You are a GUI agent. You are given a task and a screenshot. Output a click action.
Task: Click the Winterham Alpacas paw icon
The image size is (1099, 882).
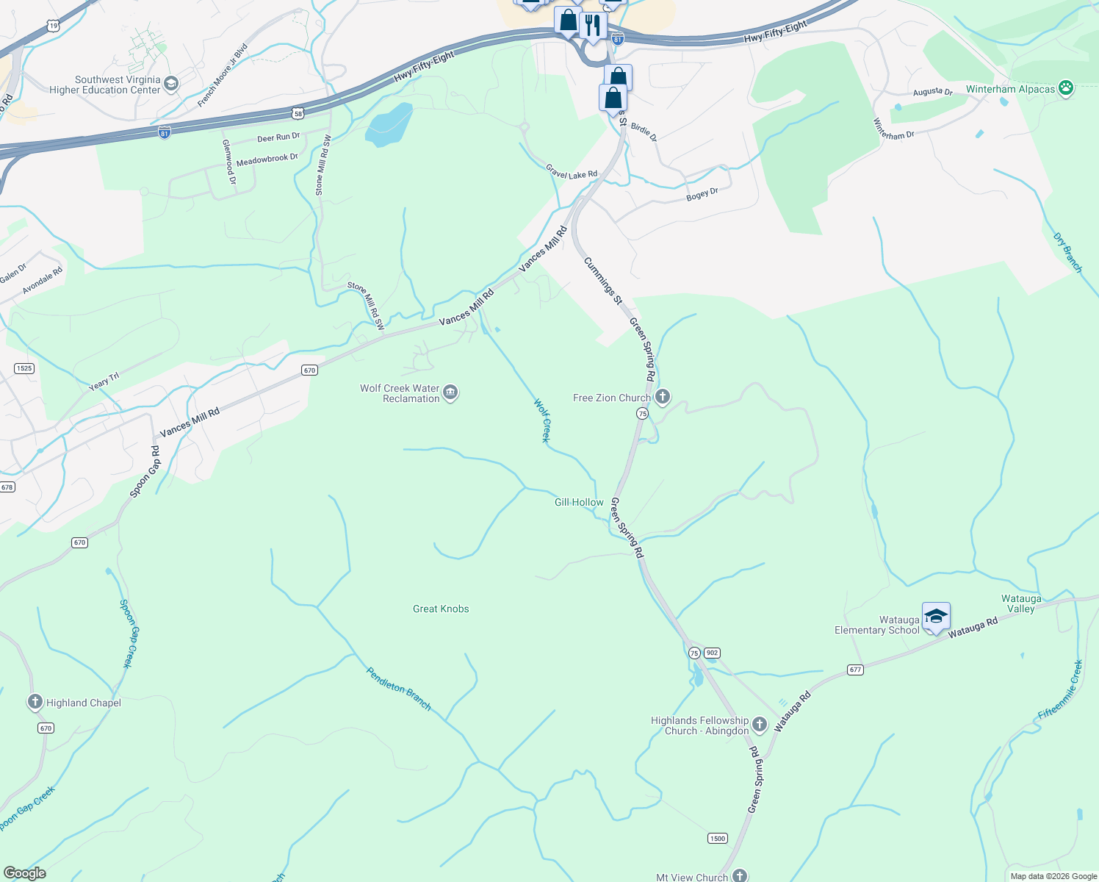pyautogui.click(x=1066, y=89)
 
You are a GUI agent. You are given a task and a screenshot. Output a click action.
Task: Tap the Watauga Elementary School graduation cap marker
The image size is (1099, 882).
pyautogui.click(x=935, y=617)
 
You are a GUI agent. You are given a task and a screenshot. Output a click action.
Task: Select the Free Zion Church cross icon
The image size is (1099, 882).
pyautogui.click(x=663, y=398)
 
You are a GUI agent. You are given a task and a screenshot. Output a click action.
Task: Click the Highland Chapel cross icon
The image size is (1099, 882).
pyautogui.click(x=35, y=703)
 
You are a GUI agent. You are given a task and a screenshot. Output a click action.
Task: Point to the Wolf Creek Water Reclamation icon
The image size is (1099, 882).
pyautogui.click(x=450, y=393)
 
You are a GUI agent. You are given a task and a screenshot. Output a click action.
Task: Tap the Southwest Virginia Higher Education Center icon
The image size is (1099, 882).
pyautogui.click(x=171, y=84)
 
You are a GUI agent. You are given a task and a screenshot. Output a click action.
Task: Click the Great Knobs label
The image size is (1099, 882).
pyautogui.click(x=441, y=609)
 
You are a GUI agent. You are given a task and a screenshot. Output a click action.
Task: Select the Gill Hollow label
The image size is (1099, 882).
pyautogui.click(x=579, y=502)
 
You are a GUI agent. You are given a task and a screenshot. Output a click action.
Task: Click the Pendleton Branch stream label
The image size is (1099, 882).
pyautogui.click(x=398, y=689)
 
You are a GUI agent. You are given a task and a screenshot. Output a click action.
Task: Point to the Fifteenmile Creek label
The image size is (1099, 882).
pyautogui.click(x=1060, y=690)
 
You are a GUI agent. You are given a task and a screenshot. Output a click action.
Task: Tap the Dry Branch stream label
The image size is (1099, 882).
pyautogui.click(x=1067, y=253)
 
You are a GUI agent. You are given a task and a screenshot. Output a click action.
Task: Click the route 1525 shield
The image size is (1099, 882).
pyautogui.click(x=24, y=368)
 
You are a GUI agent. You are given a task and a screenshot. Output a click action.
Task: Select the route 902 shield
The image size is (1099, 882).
pyautogui.click(x=711, y=653)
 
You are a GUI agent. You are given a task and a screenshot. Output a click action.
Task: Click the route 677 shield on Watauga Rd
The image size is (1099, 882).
pyautogui.click(x=855, y=670)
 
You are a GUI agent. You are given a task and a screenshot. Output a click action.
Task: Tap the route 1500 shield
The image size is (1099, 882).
pyautogui.click(x=718, y=838)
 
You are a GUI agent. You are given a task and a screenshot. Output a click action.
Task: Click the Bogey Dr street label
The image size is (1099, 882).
pyautogui.click(x=702, y=195)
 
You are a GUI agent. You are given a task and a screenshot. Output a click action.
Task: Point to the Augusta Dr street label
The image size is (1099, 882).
pyautogui.click(x=932, y=92)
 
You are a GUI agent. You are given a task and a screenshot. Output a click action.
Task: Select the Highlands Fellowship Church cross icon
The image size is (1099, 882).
pyautogui.click(x=760, y=725)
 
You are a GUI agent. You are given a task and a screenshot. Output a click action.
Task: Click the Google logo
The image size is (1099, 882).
pyautogui.click(x=24, y=872)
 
